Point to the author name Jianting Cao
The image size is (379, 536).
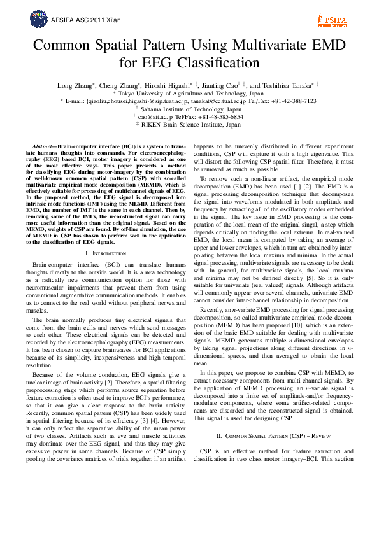[220, 85]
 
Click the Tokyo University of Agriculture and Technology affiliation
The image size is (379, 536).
[190, 93]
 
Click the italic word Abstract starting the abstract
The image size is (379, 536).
[44, 146]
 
